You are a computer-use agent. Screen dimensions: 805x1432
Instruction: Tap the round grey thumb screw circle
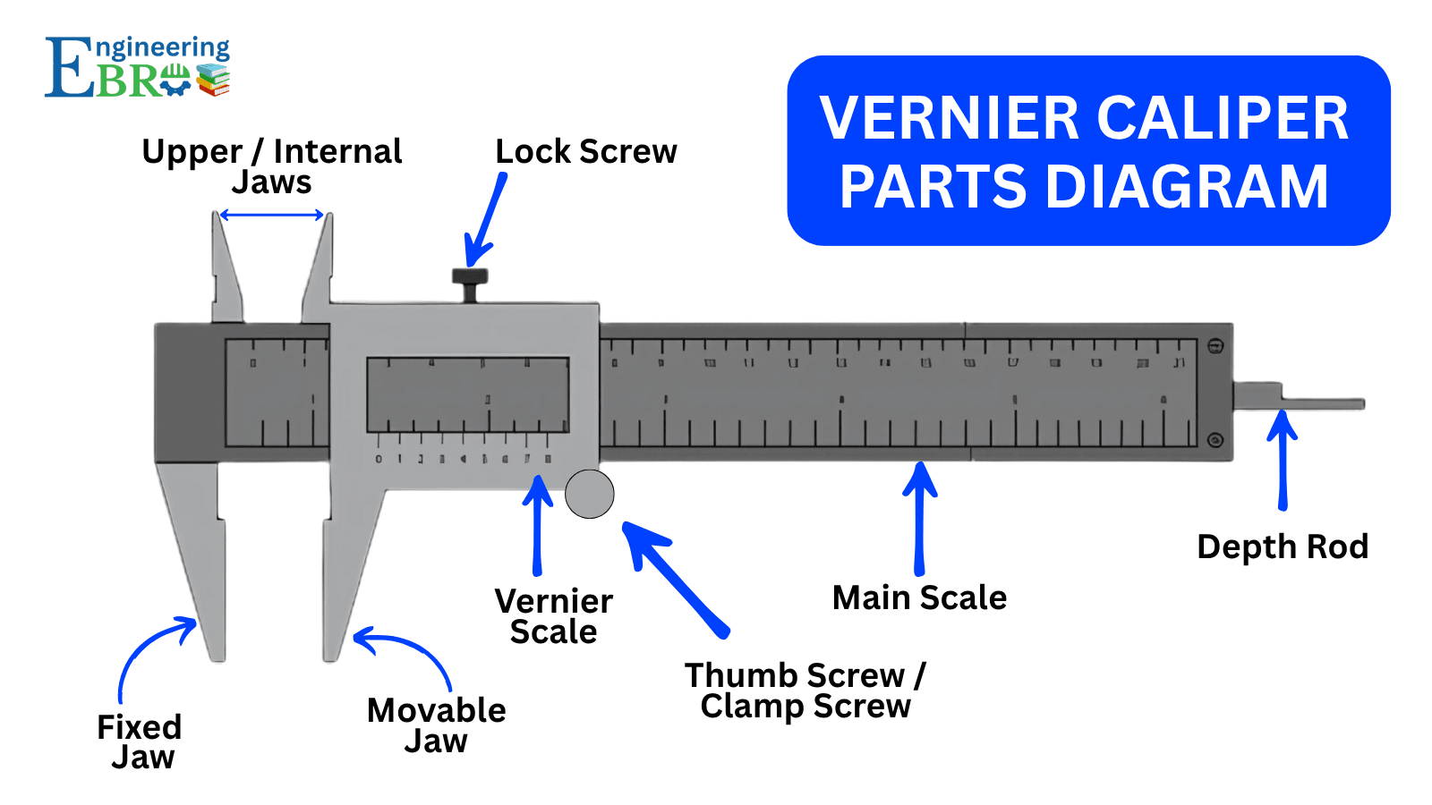(590, 494)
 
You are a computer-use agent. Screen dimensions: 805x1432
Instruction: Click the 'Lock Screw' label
(586, 152)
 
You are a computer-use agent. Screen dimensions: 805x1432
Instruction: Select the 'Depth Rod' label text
(1282, 547)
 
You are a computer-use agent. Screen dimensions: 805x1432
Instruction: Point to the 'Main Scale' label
(919, 597)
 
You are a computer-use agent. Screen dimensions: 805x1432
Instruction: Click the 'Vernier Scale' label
(554, 616)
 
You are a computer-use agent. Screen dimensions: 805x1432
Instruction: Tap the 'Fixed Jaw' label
(140, 741)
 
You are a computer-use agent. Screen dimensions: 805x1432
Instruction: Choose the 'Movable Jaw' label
(436, 725)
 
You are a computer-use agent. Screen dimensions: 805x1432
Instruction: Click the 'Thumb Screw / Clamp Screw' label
(805, 691)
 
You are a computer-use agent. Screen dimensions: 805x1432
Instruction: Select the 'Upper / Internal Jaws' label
(272, 166)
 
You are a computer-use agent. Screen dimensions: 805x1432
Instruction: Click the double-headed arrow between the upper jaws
(271, 215)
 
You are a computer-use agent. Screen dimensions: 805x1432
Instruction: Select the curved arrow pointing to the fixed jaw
(148, 652)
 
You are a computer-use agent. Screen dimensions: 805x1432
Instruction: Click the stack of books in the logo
(213, 80)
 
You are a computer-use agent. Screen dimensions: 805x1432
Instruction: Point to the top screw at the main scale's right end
(1215, 346)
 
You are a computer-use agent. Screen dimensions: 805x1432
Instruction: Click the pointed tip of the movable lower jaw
(330, 657)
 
